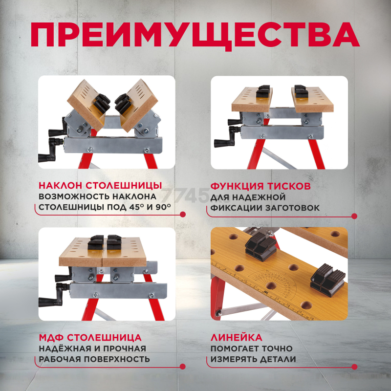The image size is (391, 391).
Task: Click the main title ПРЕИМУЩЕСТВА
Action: (195, 35)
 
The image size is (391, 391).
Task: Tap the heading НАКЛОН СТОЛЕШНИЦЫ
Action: (100, 186)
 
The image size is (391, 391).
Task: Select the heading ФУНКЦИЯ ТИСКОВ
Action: (261, 186)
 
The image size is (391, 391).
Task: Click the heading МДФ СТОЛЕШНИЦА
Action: (90, 337)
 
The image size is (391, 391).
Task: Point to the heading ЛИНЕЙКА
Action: (237, 337)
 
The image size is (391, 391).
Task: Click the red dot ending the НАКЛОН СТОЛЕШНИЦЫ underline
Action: (183, 214)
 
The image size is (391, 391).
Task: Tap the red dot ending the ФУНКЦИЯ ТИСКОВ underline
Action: (354, 216)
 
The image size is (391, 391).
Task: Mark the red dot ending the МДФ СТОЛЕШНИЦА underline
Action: (183, 366)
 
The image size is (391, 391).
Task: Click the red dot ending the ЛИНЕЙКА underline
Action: (354, 367)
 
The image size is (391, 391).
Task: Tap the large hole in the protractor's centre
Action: (271, 286)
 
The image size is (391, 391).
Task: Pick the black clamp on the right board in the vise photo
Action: (301, 91)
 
